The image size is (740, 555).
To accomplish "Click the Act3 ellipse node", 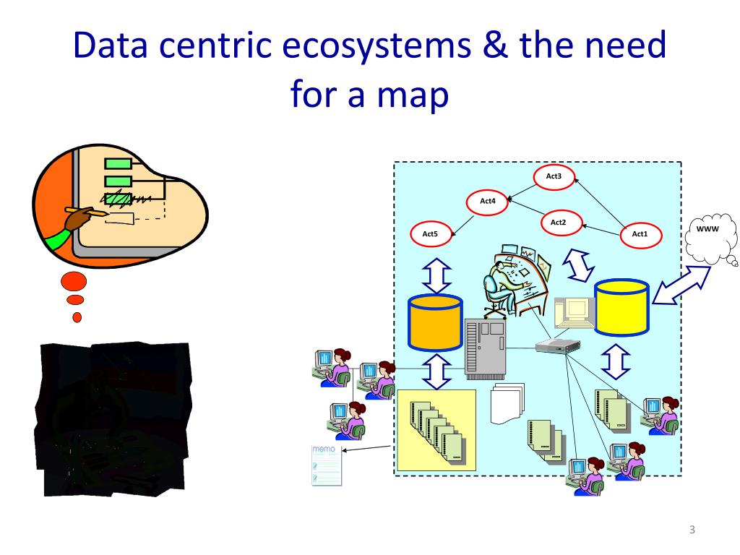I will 554,176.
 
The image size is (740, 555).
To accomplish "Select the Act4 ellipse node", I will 488,201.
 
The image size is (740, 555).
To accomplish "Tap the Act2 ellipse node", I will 558,223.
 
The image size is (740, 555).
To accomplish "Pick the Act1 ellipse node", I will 640,233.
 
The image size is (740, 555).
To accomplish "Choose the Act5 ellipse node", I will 430,233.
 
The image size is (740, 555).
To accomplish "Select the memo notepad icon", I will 326,465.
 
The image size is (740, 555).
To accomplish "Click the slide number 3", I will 692,530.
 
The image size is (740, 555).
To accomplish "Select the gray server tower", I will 485,349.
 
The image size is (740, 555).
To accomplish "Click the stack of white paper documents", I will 506,403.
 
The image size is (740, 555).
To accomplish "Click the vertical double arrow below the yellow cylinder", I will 615,361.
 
